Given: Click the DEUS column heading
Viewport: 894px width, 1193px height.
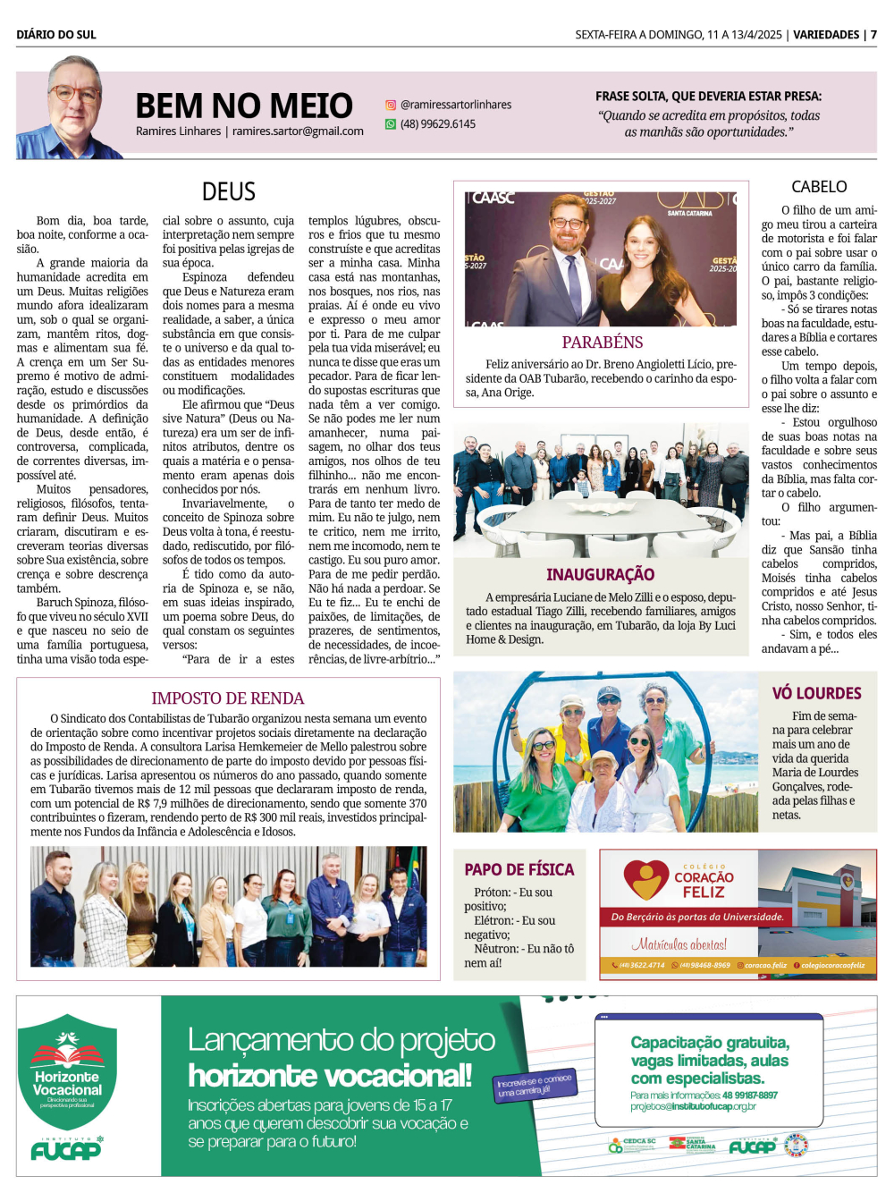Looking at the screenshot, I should click(229, 191).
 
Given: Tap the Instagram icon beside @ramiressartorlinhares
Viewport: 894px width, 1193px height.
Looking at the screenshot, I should click(391, 105).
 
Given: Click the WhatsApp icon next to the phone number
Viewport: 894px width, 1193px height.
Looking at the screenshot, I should click(391, 124).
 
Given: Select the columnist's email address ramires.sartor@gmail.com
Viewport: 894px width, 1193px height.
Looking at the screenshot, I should click(298, 131).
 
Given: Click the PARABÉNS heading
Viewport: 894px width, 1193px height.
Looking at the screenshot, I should click(602, 342).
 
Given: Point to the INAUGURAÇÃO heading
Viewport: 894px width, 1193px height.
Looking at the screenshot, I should click(600, 574).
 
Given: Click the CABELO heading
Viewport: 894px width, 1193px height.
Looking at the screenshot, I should click(819, 186).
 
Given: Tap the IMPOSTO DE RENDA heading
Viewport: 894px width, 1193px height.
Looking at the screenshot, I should click(227, 698).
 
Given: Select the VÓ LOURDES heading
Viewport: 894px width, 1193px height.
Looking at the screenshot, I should click(816, 693).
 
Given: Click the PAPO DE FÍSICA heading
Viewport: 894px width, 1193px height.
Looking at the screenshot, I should click(519, 869).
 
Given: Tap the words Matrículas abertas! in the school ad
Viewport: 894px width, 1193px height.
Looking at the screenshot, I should click(679, 944).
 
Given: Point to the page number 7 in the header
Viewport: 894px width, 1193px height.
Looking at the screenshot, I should click(873, 35).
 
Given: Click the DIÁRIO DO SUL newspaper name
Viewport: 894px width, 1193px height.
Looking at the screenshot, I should click(56, 35).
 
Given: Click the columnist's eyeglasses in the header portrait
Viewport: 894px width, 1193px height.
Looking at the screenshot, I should click(75, 93).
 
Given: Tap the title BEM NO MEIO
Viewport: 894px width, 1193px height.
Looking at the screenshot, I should click(243, 106).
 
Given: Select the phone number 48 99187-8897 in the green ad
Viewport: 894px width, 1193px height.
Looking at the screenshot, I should click(749, 1095).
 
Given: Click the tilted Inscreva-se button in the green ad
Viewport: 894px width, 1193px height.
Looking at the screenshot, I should click(536, 1085).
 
